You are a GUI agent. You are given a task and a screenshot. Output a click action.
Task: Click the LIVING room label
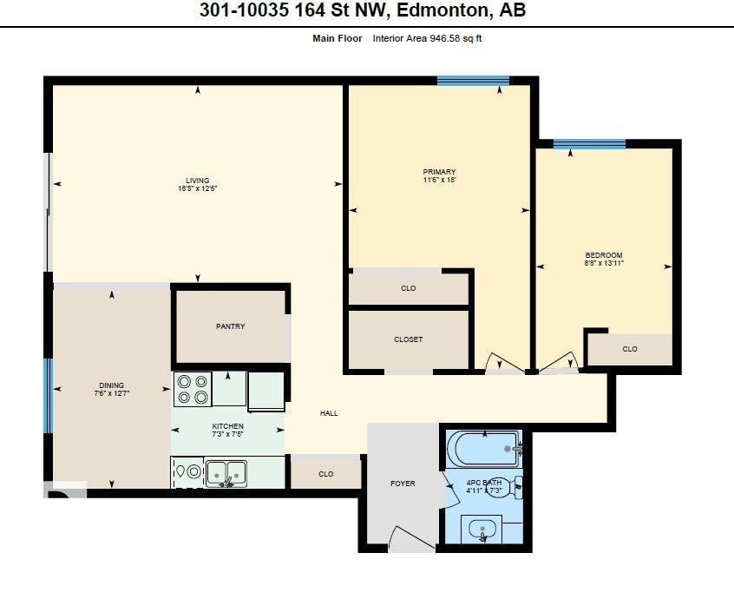(197, 181)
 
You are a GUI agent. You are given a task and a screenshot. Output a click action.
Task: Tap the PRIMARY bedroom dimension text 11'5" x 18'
(439, 181)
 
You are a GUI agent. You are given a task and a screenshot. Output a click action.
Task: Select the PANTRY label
(230, 326)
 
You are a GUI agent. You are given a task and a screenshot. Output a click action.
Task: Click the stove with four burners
(193, 389)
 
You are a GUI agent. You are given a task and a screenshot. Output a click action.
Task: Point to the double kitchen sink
(228, 473)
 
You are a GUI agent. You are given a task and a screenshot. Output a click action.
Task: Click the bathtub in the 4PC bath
(482, 449)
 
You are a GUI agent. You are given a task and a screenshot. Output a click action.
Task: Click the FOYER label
(403, 483)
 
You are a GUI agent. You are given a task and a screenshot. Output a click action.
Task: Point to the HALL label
(329, 413)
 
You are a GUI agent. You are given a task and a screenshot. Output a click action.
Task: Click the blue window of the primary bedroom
(473, 82)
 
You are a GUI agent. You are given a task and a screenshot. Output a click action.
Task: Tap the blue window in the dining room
(49, 395)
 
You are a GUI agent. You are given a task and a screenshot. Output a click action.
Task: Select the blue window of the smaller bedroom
(589, 144)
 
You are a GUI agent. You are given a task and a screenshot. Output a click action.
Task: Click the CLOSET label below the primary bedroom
(408, 339)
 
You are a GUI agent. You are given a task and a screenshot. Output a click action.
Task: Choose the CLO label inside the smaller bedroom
(630, 349)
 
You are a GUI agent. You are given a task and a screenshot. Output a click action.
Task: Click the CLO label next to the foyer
(325, 474)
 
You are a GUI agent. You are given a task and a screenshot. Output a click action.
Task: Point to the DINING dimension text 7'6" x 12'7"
(111, 393)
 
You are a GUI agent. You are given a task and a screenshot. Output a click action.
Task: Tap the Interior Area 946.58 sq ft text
(427, 38)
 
